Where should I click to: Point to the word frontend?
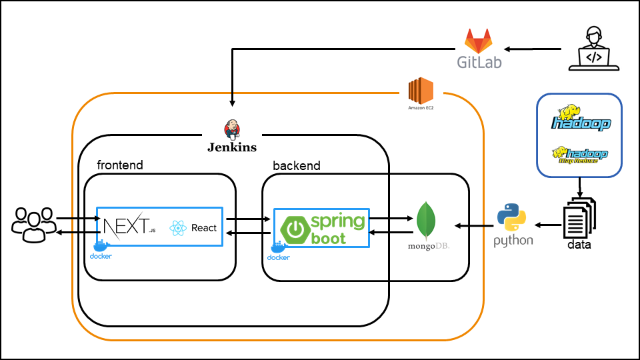pos(120,165)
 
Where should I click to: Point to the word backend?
pos(296,165)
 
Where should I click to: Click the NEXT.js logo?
pos(127,226)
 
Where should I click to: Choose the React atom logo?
pos(177,228)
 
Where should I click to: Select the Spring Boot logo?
pos(323,228)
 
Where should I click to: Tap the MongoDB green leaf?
pos(427,221)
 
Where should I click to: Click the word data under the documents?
pos(579,245)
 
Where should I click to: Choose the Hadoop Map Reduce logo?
pos(579,155)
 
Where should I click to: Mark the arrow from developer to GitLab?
pos(533,49)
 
